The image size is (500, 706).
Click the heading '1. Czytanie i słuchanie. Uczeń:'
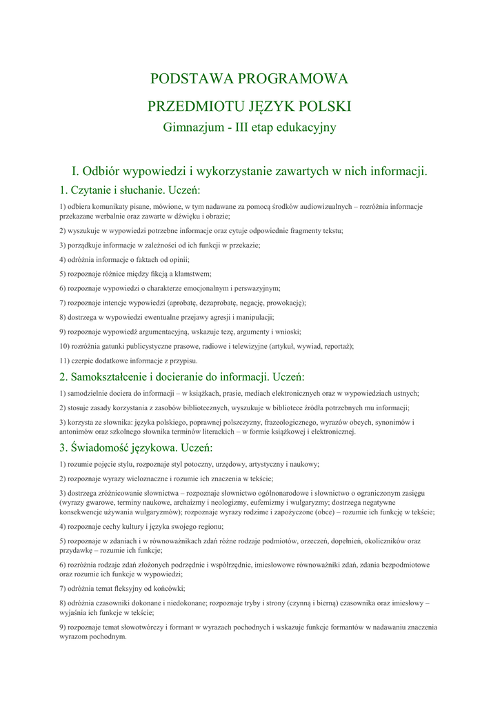pyautogui.click(x=130, y=190)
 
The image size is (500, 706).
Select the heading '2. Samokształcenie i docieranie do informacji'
pyautogui.click(x=182, y=376)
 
